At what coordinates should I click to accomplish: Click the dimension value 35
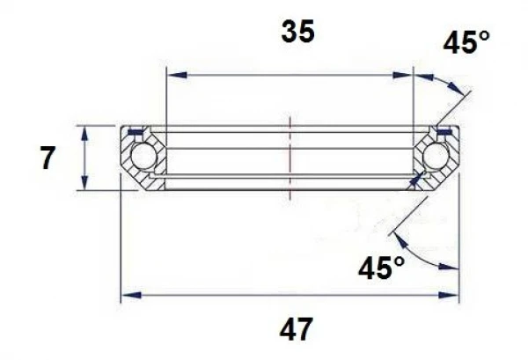pos(297,33)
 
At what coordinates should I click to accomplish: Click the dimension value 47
pos(297,329)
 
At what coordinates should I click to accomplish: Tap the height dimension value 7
pos(48,159)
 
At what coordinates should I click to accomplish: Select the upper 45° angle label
pos(466,41)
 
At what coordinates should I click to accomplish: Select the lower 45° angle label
pos(382,267)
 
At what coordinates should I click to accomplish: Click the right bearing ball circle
pos(435,158)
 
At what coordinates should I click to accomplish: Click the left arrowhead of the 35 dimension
pos(173,76)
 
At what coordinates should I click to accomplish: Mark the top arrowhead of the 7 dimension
pos(84,132)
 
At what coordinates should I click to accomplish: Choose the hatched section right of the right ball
pos(452,158)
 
